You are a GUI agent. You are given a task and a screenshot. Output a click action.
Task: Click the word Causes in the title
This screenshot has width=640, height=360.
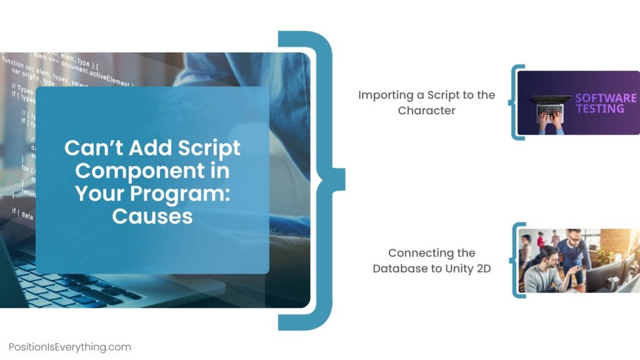(152, 216)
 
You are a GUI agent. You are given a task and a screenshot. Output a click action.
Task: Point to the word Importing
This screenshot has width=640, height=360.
(383, 95)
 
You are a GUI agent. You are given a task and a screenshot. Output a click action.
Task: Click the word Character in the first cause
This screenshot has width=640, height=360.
(426, 111)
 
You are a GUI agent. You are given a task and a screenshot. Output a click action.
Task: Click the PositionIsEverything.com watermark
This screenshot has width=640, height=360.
(70, 347)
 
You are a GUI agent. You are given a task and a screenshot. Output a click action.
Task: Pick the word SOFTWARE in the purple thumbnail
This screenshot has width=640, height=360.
(606, 98)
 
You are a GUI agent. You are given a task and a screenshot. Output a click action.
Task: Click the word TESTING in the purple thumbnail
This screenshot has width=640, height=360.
(599, 109)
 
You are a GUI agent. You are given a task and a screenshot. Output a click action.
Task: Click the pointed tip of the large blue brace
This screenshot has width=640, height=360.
(342, 178)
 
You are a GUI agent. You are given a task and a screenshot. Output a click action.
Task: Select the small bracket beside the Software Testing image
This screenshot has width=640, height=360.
(515, 102)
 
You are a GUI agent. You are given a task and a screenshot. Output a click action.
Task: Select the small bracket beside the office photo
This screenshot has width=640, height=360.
(515, 260)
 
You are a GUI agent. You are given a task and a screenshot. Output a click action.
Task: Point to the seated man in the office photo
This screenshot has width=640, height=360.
(544, 272)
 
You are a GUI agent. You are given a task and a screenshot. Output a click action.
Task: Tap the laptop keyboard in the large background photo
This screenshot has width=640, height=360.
(69, 281)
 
